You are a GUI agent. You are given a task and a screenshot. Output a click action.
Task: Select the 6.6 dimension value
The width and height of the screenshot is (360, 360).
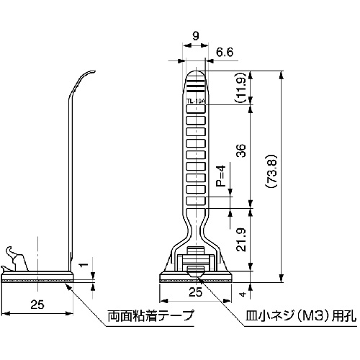[x=225, y=52]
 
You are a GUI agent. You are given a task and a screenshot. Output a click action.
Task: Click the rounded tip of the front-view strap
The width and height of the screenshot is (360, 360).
[x=196, y=74]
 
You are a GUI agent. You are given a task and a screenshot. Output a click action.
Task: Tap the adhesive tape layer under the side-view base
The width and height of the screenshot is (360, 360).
[x=40, y=280]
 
